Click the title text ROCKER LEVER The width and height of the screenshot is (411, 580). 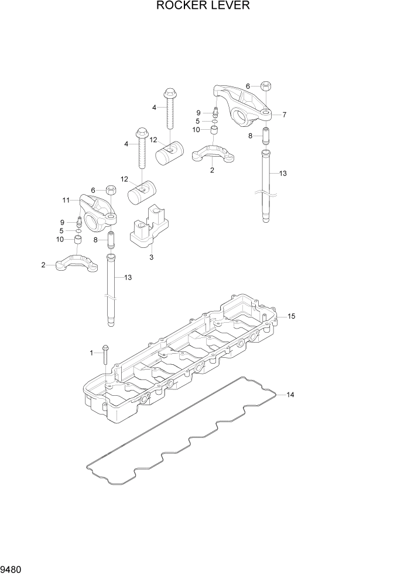tap(203, 6)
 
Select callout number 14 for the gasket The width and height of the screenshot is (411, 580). tap(290, 395)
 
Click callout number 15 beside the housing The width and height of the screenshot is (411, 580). tap(291, 316)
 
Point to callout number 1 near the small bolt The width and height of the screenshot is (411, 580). tap(91, 353)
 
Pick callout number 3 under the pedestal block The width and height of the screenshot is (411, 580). tap(151, 257)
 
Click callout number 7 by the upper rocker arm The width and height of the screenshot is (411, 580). tap(284, 115)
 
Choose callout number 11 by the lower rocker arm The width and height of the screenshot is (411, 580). tap(66, 200)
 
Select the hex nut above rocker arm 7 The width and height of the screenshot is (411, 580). tap(265, 86)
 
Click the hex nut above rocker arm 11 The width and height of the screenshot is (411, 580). tap(109, 190)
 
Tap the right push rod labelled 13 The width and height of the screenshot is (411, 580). tap(267, 184)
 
